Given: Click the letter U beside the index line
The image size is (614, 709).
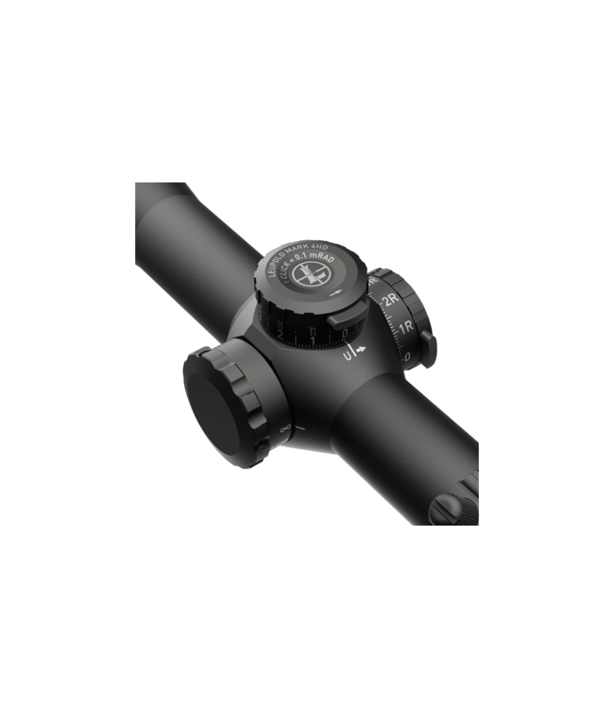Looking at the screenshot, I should [348, 358].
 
